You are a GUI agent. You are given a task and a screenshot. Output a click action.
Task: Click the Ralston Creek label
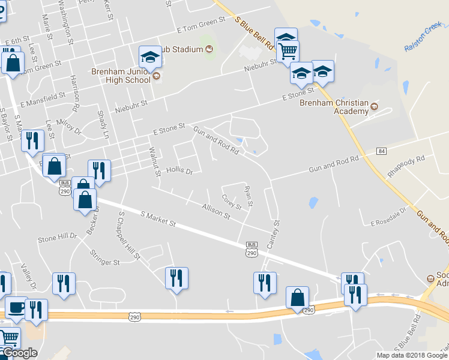pyautogui.click(x=423, y=37)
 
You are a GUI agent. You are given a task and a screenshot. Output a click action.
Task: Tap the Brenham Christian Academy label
pyautogui.click(x=334, y=107)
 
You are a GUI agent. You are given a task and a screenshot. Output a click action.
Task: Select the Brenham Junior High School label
pyautogui.click(x=121, y=75)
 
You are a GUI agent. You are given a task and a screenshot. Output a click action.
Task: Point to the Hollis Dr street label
pyautogui.click(x=179, y=171)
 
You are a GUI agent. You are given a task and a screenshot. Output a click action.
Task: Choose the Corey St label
pyautogui.click(x=231, y=202)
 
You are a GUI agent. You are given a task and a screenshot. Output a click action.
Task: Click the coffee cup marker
pyautogui.click(x=16, y=307)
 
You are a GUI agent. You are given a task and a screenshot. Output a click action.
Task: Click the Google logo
pyautogui.click(x=20, y=353)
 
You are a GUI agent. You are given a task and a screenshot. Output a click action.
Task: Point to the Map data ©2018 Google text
pyautogui.click(x=411, y=355)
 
